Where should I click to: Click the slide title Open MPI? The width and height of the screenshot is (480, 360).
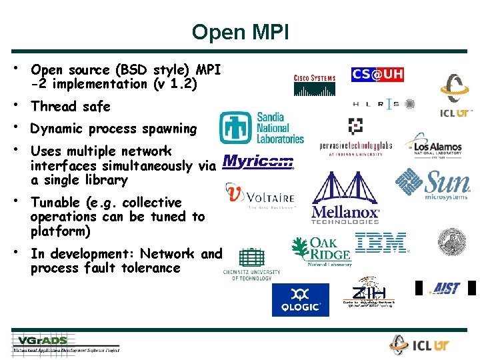pos(240,31)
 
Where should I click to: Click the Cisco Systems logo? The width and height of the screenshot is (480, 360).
pos(314,83)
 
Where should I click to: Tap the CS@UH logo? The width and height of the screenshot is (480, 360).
pos(377,75)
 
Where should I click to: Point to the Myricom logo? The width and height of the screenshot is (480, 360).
pos(258,161)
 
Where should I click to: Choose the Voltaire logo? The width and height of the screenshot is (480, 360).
pos(260,196)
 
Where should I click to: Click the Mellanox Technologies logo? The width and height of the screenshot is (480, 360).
pos(345,198)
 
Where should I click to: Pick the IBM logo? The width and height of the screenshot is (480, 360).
pos(382,243)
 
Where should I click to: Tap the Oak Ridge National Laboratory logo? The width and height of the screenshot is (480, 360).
pos(321,251)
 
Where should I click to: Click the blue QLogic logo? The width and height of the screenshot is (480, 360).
pos(300,299)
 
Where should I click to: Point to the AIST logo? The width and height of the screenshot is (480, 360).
pos(445,288)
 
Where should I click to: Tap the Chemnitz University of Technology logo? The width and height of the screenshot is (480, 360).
pos(252,264)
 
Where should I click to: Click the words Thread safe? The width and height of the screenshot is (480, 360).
pos(70,107)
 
